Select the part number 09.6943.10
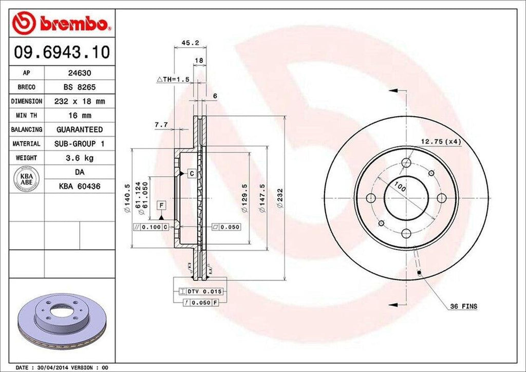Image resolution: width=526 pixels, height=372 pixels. click(61, 52)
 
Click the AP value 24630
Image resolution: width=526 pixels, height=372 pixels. click(80, 73)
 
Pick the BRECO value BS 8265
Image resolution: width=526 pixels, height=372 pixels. click(80, 87)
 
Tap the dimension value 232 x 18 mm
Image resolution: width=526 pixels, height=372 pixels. click(80, 101)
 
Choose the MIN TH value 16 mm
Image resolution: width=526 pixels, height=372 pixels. click(80, 116)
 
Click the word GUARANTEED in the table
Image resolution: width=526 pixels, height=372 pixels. click(80, 129)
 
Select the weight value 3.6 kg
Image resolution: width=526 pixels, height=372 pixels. click(80, 158)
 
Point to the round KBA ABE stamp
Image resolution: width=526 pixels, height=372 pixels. click(27, 179)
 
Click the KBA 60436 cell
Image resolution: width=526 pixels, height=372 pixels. click(80, 186)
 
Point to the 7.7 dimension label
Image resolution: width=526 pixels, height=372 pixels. click(161, 124)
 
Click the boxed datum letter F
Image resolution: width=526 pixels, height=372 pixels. click(161, 206)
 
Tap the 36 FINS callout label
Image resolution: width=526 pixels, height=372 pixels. click(463, 307)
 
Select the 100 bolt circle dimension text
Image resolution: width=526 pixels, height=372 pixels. click(400, 188)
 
